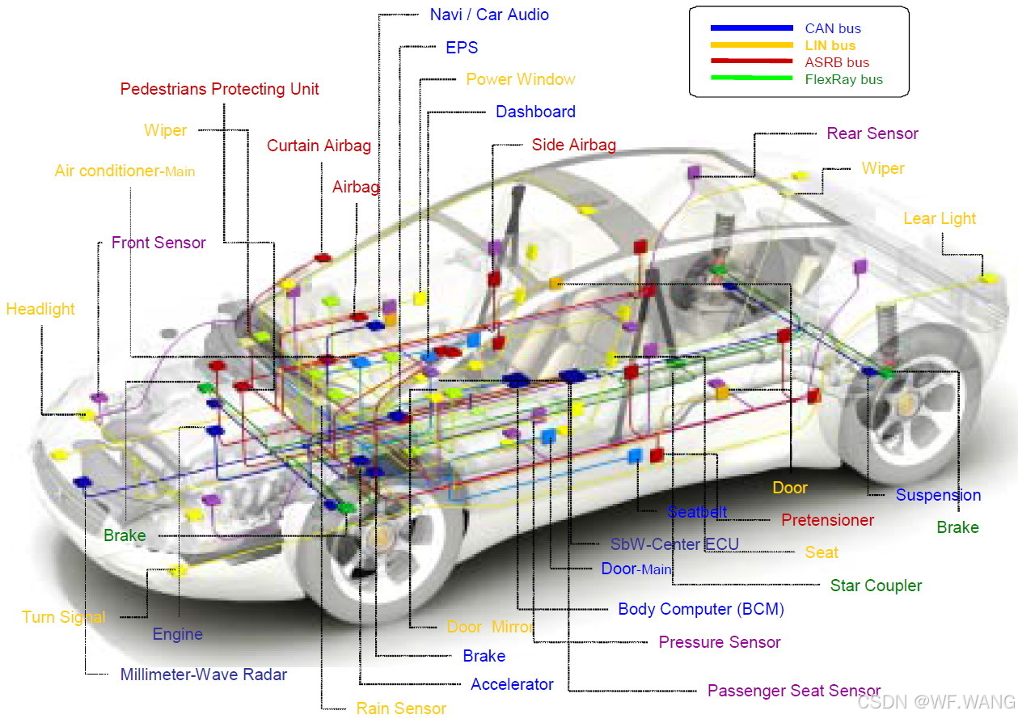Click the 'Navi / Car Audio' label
pos(489,15)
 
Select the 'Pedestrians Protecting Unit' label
pos(219,89)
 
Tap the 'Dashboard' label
pos(535,112)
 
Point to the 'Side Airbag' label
pos(573,145)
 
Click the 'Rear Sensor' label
pos(872,133)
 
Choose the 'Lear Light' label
pos(940,218)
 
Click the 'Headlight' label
pos(40,309)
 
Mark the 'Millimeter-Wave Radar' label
pos(204,674)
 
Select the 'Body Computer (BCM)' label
pos(701,609)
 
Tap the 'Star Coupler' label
pos(876,585)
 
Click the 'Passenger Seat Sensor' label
pos(793,691)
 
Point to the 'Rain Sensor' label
pos(401,708)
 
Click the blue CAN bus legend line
pos(751,28)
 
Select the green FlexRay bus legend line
pos(751,78)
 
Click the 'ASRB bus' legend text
pos(837,62)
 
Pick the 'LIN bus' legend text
pos(830,45)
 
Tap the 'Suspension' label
pos(938,495)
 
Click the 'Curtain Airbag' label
pos(319,146)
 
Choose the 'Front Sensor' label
pos(158,243)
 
